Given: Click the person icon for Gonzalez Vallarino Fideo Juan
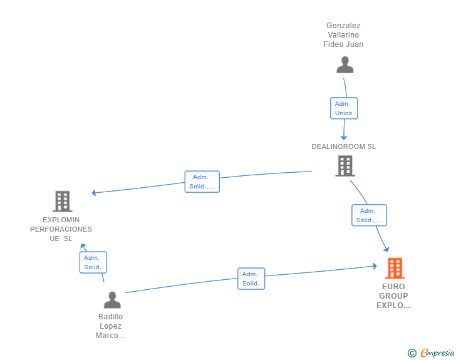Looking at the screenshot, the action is point(345,65).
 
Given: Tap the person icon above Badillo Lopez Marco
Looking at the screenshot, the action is point(112,300).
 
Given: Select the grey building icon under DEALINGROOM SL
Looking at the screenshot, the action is point(345,166).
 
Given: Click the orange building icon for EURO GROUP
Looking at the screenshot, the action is point(395,268).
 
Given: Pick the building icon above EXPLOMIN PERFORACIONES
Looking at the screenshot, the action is point(63,201).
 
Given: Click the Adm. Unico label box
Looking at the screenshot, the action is point(344,108).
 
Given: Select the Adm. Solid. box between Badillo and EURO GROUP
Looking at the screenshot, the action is point(251,279).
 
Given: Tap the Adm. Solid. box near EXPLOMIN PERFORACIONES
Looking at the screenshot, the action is point(93,262).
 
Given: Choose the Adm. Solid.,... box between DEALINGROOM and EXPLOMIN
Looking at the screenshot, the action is point(202,182).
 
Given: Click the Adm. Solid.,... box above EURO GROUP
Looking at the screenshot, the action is point(369,215).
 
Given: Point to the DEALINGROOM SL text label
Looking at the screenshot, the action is point(344,147).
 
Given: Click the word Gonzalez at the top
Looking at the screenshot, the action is point(343,26).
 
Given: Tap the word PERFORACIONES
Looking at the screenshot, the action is point(61,229).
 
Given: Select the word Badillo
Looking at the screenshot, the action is point(110,316).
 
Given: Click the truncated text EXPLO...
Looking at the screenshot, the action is point(393,306).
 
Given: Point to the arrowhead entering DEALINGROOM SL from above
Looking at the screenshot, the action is point(344,138).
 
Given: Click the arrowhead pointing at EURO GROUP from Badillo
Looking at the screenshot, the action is point(375,266).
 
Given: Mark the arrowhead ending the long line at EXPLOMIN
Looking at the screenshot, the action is point(94,192).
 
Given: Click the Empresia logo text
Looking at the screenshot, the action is point(437,352).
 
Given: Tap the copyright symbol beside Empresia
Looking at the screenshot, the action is point(412,353).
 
